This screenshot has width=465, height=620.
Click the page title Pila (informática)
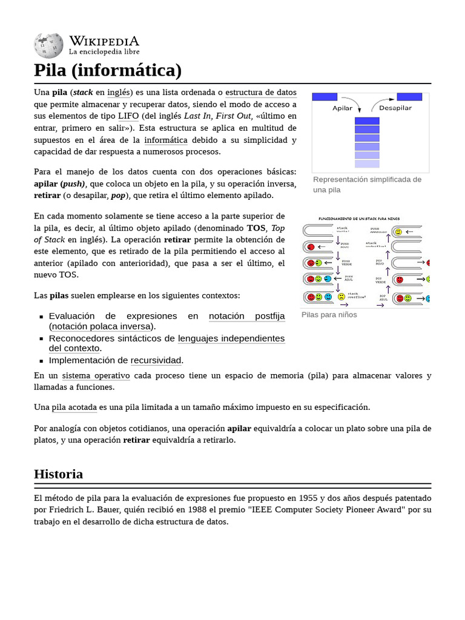[108, 70]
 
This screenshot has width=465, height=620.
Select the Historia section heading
[58, 473]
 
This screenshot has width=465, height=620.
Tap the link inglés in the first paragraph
[119, 93]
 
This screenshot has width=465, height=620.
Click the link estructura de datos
[261, 93]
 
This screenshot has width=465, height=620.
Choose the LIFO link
[128, 116]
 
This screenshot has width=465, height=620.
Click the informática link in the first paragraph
[166, 140]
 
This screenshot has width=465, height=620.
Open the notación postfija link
[246, 316]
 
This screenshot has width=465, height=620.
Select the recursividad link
[156, 360]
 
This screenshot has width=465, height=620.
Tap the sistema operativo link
[96, 375]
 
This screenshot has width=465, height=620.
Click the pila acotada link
[74, 407]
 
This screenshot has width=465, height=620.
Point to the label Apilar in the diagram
[343, 108]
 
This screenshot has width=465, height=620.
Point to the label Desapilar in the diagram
[395, 108]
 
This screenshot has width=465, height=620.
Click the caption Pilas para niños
[329, 315]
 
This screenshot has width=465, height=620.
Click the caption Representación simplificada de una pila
[367, 184]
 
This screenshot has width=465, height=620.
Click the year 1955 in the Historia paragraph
[307, 498]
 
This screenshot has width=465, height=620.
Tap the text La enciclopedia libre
[104, 52]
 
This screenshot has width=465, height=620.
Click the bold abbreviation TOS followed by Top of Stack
[256, 228]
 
